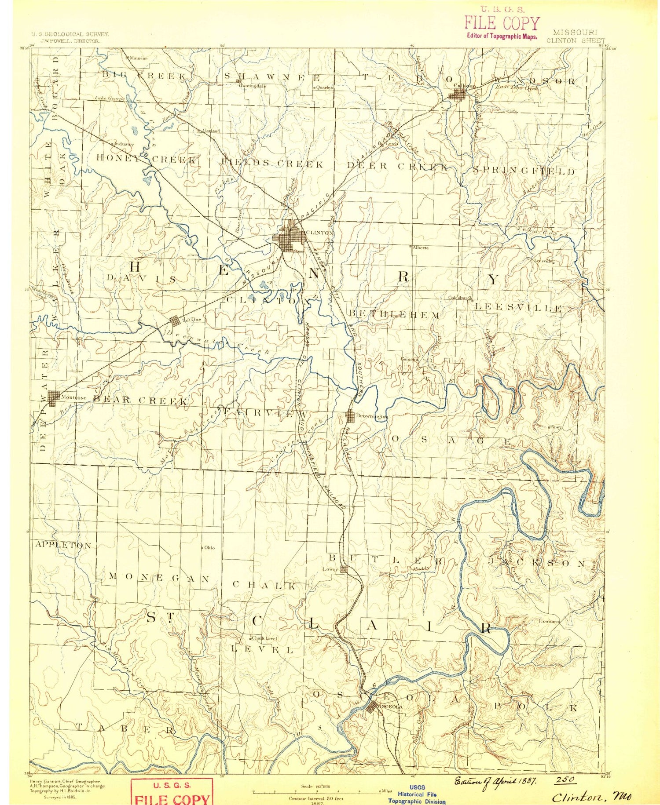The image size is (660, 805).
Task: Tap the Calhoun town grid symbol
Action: [459, 94]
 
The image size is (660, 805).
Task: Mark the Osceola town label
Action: [389, 707]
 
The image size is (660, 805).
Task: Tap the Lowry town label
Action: [330, 569]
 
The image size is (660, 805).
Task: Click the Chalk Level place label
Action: [264, 638]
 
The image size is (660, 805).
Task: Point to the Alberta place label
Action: [421, 248]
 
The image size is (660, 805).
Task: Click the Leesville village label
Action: [543, 261]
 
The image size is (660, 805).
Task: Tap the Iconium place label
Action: [548, 622]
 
